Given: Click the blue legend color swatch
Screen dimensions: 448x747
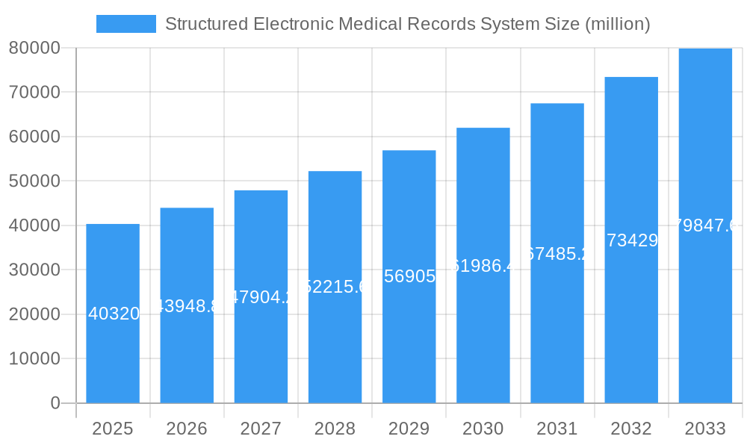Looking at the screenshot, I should coord(126,24).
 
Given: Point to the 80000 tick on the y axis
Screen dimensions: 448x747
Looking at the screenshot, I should coord(34,48).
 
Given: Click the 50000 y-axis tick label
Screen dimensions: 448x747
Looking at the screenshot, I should coord(34,181).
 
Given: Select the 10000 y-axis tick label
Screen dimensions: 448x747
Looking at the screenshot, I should coord(34,358).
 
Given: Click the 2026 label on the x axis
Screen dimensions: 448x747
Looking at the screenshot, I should coord(187,429).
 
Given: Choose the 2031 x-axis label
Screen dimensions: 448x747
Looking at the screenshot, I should coord(557,429).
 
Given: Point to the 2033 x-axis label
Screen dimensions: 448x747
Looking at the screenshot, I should coord(705,429).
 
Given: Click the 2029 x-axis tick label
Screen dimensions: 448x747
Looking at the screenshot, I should coord(409,429).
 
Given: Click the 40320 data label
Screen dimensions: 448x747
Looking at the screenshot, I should coord(114,314).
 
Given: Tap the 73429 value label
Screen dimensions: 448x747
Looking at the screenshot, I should coord(632,240).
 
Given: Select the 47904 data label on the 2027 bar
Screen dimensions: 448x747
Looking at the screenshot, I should coord(261,297).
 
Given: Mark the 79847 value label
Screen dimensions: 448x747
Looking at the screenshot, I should coord(705,225).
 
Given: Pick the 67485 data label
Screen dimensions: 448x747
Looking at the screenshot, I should coord(557,254).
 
